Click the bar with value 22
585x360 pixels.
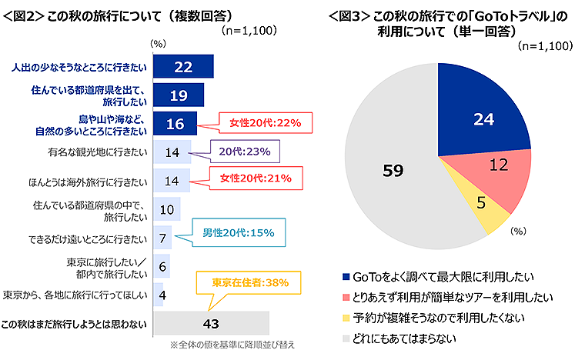click(x=183, y=67)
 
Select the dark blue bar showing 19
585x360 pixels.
click(x=179, y=95)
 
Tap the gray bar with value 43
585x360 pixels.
click(x=212, y=322)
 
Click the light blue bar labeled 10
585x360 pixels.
click(x=167, y=209)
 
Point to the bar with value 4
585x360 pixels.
click(x=159, y=294)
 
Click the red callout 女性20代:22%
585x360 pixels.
click(x=265, y=123)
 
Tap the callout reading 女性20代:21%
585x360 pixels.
click(x=265, y=180)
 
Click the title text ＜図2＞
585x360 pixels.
click(x=23, y=15)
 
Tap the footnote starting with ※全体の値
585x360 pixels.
click(x=232, y=344)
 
